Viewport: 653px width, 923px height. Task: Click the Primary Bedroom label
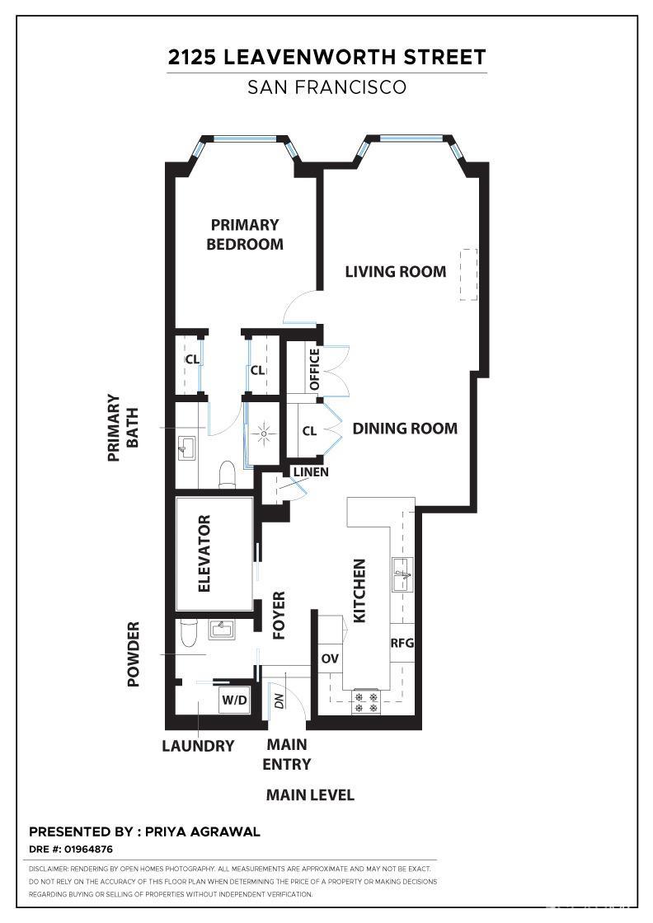click(244, 234)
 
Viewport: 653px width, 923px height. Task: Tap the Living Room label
click(396, 271)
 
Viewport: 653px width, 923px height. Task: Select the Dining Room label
click(405, 428)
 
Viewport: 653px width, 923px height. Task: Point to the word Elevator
click(204, 553)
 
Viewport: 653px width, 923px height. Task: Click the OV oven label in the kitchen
click(330, 658)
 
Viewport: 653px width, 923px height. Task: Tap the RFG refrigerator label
click(402, 643)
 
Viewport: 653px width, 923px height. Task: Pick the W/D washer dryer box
click(234, 700)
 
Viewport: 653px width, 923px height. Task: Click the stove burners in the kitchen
click(366, 702)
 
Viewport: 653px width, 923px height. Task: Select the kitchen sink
click(403, 574)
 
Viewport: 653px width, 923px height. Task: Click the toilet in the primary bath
click(227, 475)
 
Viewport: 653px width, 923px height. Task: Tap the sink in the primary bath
click(186, 448)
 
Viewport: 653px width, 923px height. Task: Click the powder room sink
click(222, 630)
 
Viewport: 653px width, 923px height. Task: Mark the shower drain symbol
click(265, 433)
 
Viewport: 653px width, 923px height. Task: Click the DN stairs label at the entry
click(280, 700)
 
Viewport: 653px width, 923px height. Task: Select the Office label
click(314, 369)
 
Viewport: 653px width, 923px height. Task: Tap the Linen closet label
click(311, 472)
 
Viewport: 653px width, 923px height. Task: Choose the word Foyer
click(279, 615)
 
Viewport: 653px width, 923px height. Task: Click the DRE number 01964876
click(88, 849)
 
